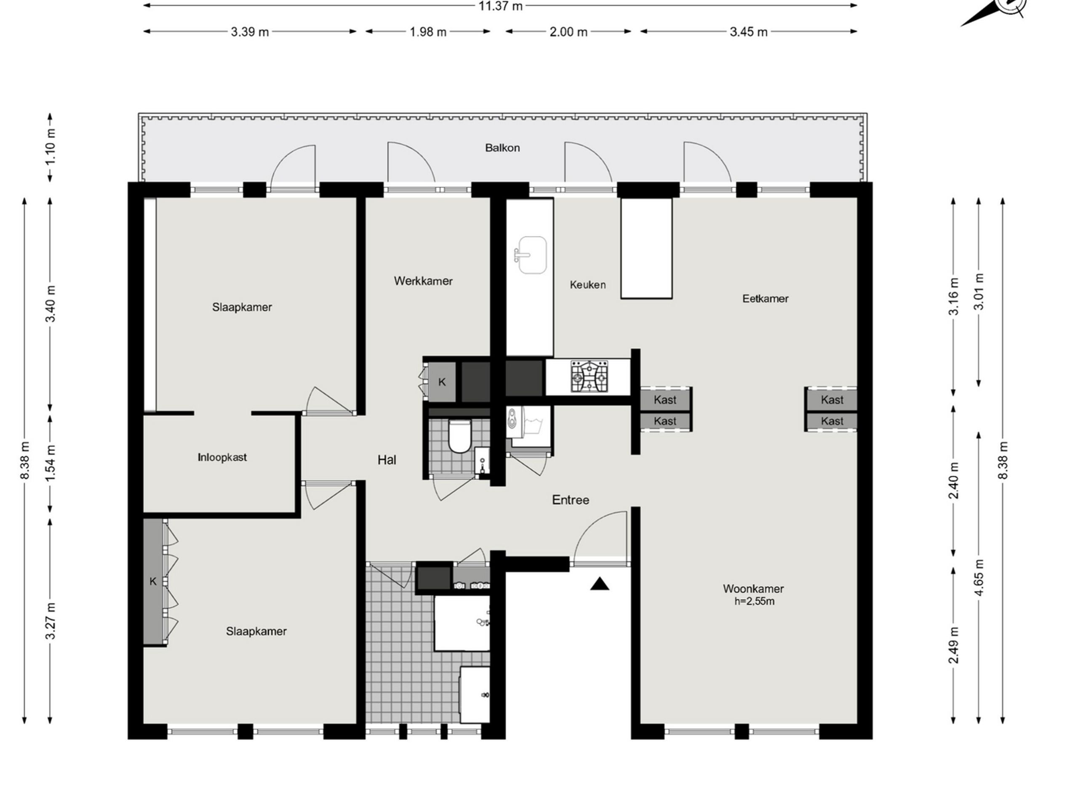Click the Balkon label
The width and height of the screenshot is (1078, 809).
point(502,148)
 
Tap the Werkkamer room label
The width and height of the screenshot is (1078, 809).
point(423,281)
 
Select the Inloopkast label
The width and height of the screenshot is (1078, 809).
point(222,458)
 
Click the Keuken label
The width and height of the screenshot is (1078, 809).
point(588,285)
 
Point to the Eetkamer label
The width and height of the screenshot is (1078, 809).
point(765,298)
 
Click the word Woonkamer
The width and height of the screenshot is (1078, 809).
point(753,589)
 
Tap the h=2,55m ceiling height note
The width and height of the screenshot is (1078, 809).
point(755,601)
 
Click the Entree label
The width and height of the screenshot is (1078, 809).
point(570,500)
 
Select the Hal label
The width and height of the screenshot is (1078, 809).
point(387,460)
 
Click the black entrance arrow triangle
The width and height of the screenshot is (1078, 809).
point(600,584)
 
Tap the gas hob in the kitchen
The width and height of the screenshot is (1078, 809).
point(590,377)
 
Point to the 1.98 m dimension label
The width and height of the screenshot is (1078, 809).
point(428,32)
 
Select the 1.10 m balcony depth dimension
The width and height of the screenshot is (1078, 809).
point(50,147)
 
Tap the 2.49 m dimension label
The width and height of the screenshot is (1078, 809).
point(954,645)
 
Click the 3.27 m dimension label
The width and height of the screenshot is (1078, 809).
point(50,621)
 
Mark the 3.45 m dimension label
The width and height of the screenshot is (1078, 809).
point(749,32)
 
